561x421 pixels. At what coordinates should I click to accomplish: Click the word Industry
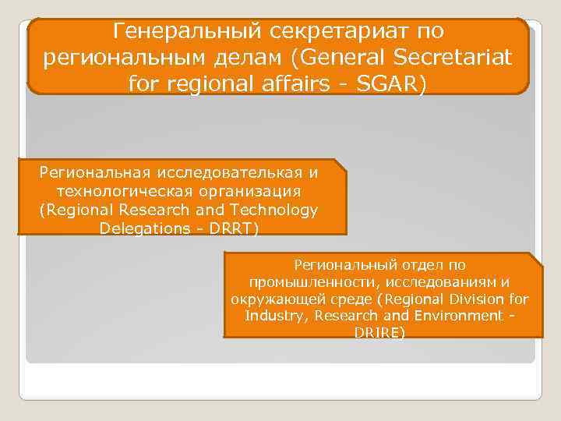coord(273,316)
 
